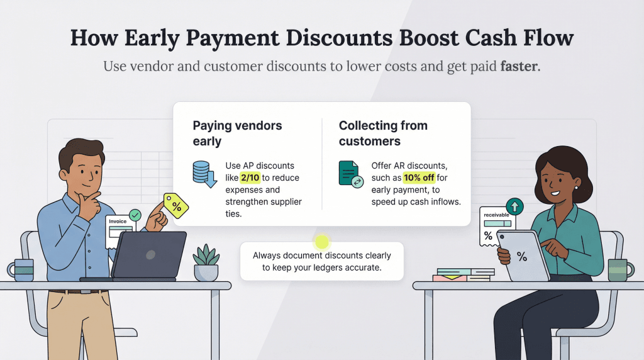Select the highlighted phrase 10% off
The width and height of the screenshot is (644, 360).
[x=419, y=177]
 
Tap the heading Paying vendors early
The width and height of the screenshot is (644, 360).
[x=237, y=133]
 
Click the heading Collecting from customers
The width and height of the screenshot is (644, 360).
[x=383, y=133]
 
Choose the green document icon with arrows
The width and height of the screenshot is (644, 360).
[x=351, y=174]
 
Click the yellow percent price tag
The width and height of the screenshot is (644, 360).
[x=176, y=204]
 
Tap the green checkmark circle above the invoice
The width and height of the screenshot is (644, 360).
[x=134, y=216]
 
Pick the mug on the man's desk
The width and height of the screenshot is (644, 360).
[x=23, y=269]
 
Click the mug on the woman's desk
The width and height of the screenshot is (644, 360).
[x=619, y=269]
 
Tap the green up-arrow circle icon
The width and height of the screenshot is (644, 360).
[x=514, y=206]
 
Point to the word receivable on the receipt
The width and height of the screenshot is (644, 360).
[x=496, y=215]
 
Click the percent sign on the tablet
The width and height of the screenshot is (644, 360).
[x=522, y=256]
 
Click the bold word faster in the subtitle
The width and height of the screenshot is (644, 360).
[x=519, y=66]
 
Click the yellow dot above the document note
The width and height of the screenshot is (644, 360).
[x=322, y=241]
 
